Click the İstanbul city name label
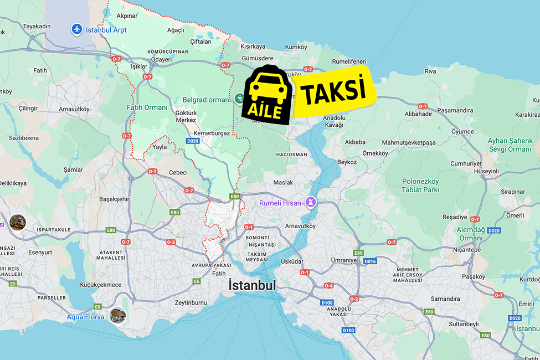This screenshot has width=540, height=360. coord(252,285)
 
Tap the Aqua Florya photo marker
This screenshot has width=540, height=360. coord(117,315)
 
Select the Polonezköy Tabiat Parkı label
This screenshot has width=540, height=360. coord(420,186)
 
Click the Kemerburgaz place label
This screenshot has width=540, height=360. coord(212,133)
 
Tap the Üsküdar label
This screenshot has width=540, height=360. coord(292,261)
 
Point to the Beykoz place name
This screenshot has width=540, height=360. coord(347,162)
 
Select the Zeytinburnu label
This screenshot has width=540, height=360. coord(191,302)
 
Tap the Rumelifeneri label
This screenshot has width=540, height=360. coord(349,61)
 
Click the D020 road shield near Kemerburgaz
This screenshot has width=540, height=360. coord(192,141)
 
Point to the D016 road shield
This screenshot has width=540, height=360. coord(370,261)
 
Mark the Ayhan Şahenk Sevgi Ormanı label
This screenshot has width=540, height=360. coord(510,145)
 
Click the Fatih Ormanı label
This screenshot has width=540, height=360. coord(147,107)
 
